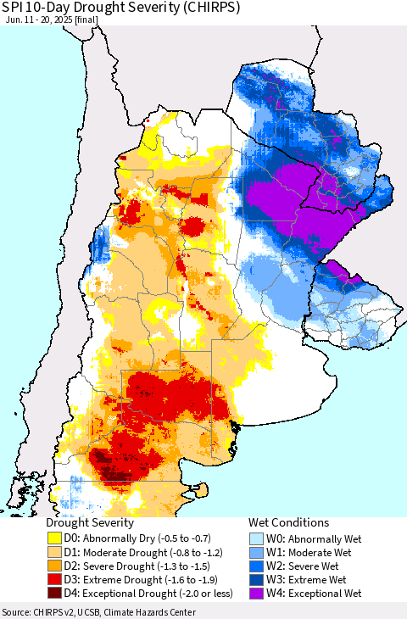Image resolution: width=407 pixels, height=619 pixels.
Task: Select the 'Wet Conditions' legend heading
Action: point(288,523)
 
